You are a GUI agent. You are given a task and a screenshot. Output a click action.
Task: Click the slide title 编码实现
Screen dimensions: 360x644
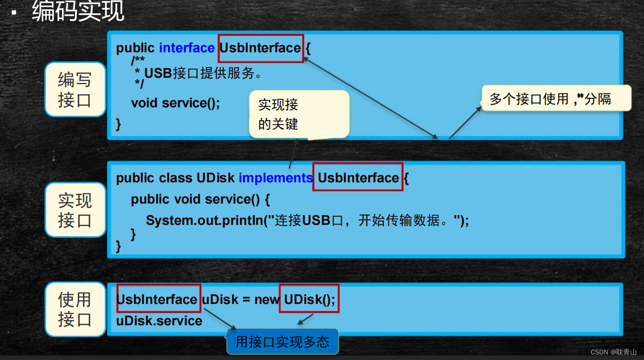click(78, 12)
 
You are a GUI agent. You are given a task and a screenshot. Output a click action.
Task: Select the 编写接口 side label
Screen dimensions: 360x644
click(75, 90)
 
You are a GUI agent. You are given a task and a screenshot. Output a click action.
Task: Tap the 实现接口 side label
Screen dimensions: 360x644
click(75, 210)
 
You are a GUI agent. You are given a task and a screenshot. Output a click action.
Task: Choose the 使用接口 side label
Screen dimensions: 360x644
click(75, 310)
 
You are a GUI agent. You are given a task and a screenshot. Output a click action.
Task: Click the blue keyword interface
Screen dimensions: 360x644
click(187, 48)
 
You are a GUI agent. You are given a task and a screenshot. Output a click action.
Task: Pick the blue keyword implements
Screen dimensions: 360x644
click(275, 178)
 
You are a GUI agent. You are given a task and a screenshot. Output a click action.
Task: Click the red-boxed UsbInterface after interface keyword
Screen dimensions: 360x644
click(260, 48)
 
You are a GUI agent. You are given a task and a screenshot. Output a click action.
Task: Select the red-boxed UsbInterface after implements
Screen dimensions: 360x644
click(358, 178)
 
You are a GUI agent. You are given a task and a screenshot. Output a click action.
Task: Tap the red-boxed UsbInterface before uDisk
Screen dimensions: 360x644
click(158, 299)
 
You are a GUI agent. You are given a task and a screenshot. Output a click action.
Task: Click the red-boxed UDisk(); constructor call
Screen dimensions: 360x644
click(309, 299)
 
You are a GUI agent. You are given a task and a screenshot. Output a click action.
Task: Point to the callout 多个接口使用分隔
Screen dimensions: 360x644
click(556, 99)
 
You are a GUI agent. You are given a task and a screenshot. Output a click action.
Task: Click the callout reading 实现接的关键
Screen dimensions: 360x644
click(299, 114)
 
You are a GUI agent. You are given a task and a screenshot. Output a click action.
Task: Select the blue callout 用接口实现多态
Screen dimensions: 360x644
click(282, 342)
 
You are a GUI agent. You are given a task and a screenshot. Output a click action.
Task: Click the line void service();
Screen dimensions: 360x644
click(175, 103)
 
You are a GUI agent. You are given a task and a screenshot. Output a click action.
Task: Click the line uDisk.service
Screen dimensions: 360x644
click(159, 321)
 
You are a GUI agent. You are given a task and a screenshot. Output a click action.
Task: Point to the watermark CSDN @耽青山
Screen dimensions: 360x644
click(613, 352)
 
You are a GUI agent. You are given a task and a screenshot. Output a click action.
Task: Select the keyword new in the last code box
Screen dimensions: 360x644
click(267, 299)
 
